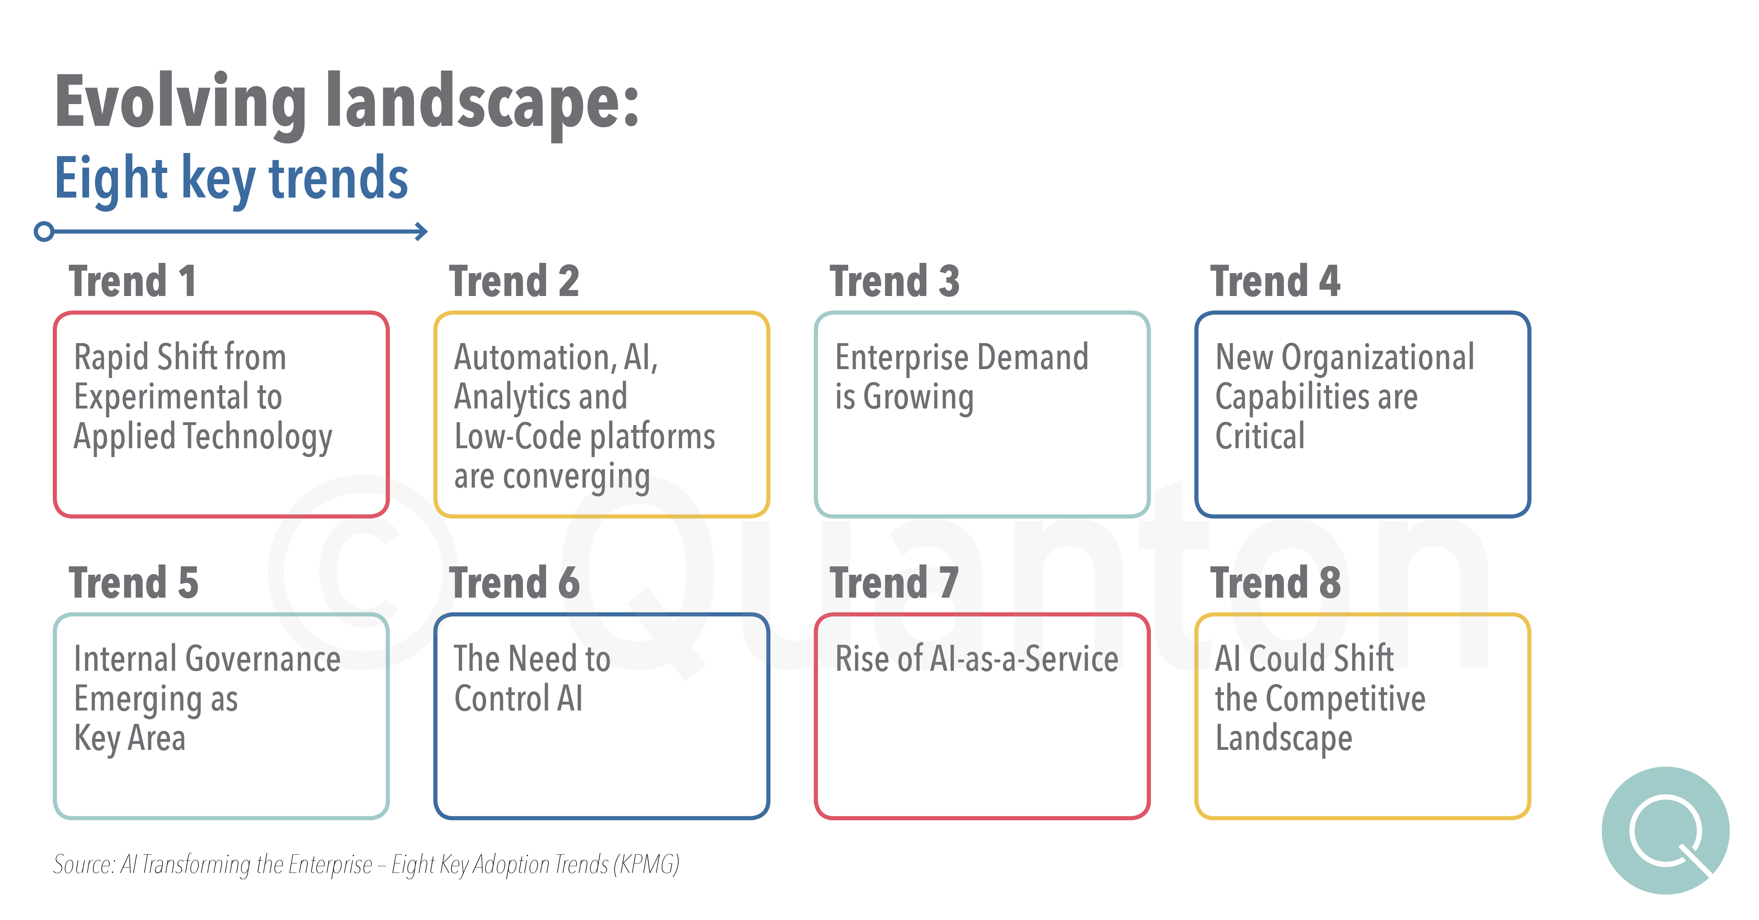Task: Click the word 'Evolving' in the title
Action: pos(181,102)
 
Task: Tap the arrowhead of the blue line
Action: pos(422,231)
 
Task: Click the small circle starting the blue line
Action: pos(44,231)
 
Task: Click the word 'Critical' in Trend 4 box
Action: pos(1260,436)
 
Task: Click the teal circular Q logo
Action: pos(1665,831)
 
